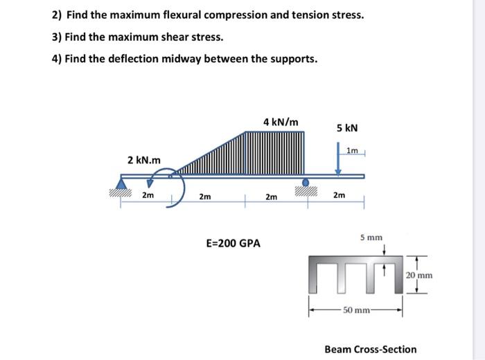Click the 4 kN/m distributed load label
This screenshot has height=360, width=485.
281,123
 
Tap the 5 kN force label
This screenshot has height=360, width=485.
348,128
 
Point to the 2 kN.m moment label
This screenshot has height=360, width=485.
144,160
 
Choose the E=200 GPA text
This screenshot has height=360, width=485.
233,244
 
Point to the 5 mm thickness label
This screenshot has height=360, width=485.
371,237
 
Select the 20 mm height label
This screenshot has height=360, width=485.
419,275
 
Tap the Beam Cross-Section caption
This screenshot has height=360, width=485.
371,349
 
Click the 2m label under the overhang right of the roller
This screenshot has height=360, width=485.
338,196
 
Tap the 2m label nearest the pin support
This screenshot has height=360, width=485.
148,196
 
